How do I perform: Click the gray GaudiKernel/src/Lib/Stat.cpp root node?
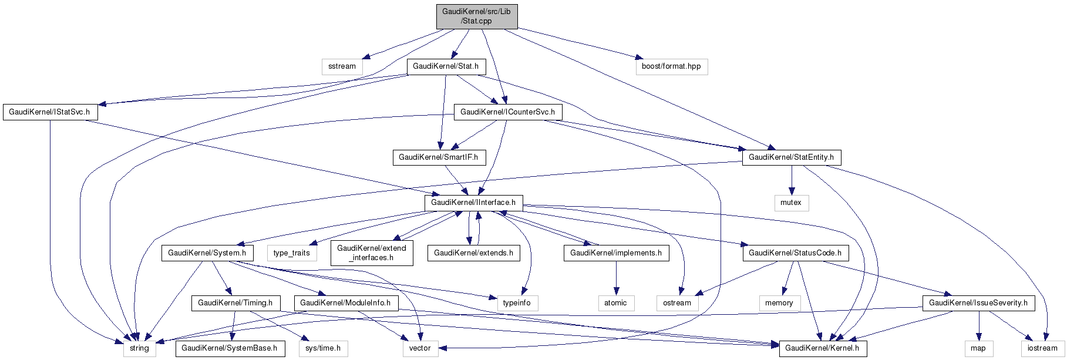tap(477, 16)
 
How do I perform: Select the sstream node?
tap(342, 66)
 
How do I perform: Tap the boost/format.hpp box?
tap(671, 66)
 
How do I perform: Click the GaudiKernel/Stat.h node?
tap(446, 66)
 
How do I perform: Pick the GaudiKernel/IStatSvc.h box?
tap(49, 112)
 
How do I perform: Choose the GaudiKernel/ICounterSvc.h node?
tap(507, 112)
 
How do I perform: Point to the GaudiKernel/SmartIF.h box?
tap(438, 157)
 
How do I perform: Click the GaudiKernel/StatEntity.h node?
tap(791, 157)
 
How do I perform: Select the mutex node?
tap(790, 203)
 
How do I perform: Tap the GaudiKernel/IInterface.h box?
tap(473, 203)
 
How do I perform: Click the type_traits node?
tap(291, 253)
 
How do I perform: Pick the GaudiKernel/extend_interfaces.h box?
tap(371, 253)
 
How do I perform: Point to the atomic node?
tap(615, 303)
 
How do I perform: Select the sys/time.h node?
tap(323, 348)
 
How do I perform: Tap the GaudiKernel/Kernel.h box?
tap(822, 348)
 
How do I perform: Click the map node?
tap(978, 348)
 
